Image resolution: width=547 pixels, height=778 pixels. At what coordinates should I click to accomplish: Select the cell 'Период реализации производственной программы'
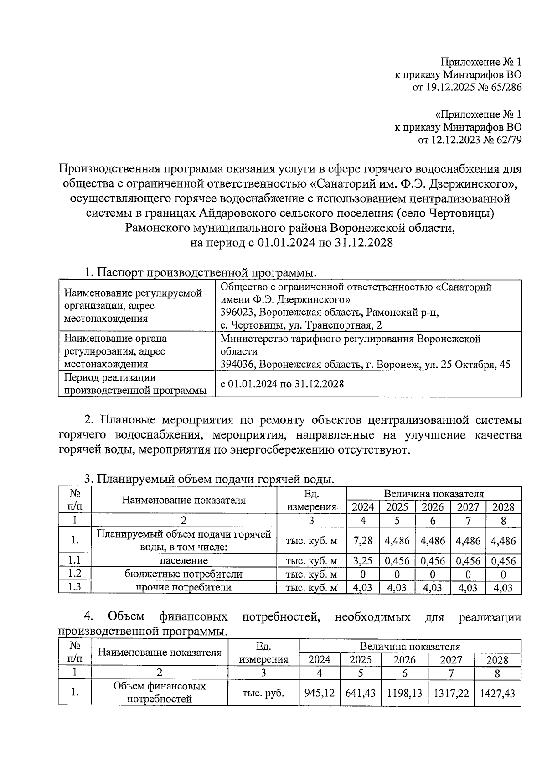pos(136,384)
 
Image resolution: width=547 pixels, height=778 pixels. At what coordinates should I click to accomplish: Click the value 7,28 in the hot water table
pos(363,541)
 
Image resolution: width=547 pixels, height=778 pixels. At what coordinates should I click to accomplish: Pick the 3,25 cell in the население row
pos(363,561)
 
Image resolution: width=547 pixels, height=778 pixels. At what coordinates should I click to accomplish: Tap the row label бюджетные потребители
pos(183,574)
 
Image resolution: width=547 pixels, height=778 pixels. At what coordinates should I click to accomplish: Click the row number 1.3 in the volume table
pos(74,587)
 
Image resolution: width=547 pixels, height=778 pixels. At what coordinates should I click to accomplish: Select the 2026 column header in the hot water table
pos(433,507)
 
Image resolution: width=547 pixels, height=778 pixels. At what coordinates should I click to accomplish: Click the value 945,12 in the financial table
pos(319,693)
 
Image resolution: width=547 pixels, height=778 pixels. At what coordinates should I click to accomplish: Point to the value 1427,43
pos(497,693)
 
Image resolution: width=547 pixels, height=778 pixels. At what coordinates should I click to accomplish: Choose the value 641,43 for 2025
pos(361,693)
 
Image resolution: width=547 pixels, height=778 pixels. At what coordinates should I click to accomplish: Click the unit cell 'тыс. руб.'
pos(263,693)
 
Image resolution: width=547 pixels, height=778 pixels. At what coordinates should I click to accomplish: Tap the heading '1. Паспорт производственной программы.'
pos(200,273)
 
